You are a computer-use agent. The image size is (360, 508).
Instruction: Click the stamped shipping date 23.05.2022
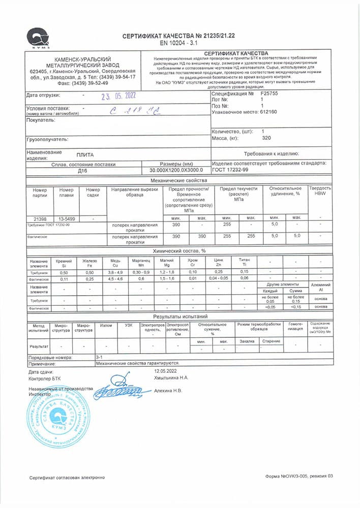click(118, 96)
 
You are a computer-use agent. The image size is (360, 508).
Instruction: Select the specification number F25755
click(269, 94)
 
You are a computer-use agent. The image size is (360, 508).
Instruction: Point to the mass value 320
click(266, 138)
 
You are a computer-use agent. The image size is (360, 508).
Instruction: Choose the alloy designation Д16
click(83, 171)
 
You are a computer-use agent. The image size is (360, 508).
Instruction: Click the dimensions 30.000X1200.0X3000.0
click(176, 171)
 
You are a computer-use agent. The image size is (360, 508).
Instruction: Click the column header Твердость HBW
click(319, 191)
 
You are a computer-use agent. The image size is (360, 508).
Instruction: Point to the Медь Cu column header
click(115, 263)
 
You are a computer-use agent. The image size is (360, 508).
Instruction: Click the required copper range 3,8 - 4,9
click(115, 272)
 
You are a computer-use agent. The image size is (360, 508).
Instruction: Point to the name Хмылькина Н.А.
click(171, 378)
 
